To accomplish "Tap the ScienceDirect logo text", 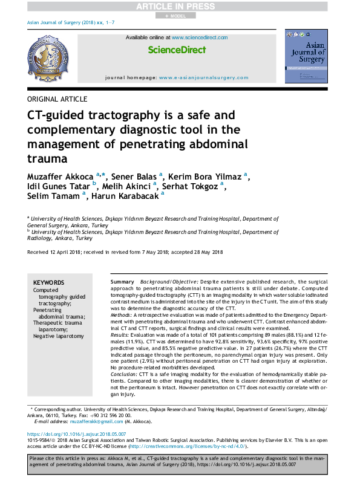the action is (177, 50).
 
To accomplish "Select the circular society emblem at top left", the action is (51, 59).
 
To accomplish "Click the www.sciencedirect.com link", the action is (200, 37).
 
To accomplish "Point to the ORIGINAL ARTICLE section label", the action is (57, 99).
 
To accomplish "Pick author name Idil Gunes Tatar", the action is (59, 186).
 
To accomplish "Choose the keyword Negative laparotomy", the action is (59, 336).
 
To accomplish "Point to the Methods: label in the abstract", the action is (123, 316).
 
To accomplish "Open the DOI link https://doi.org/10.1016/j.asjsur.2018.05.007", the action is (76, 434).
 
